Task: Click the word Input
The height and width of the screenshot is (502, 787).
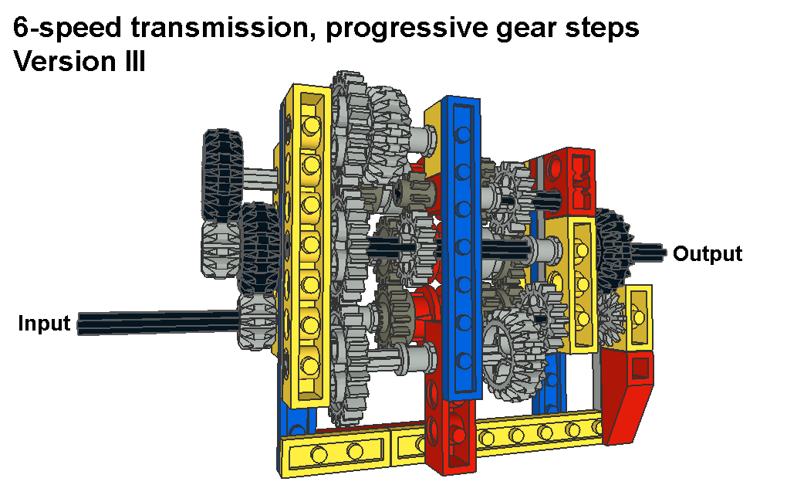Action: click(x=44, y=323)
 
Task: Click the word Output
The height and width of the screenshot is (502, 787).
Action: click(x=708, y=254)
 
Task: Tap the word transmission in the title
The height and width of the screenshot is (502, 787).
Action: click(x=219, y=27)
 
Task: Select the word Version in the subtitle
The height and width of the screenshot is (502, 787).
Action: click(x=64, y=61)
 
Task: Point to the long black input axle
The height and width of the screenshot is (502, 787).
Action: click(x=158, y=322)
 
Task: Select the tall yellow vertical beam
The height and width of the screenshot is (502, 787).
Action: click(x=307, y=246)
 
